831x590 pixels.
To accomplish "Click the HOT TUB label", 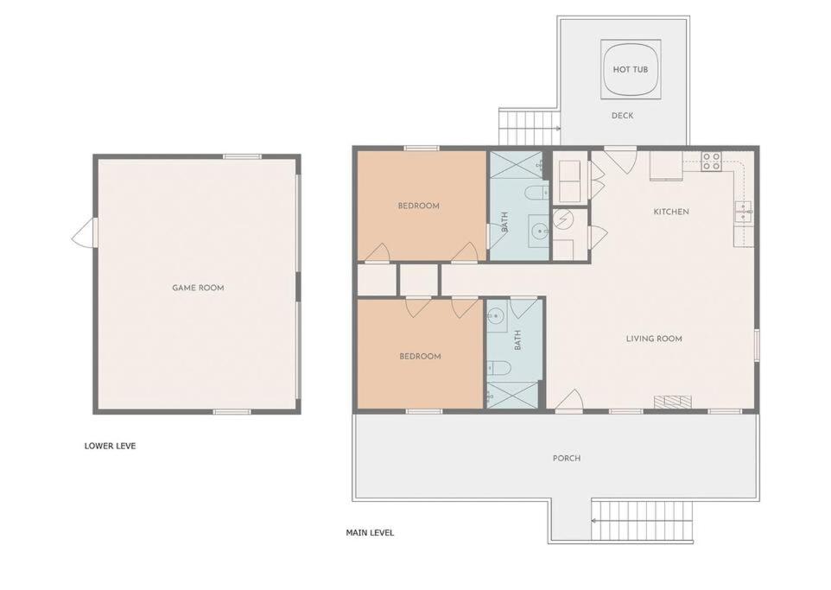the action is [x=630, y=69].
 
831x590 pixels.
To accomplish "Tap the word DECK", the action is [x=622, y=116].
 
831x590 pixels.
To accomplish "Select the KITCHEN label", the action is [x=671, y=212].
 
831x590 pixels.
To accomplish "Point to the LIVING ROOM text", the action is [x=654, y=339].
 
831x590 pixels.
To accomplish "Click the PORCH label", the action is [x=567, y=458].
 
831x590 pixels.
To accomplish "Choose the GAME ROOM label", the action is [x=198, y=288].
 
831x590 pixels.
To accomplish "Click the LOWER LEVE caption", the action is [x=111, y=446].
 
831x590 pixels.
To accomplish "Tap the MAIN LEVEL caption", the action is [x=370, y=533].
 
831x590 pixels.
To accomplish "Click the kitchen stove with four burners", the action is [x=711, y=162].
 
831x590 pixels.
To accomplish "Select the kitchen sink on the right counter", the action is [x=743, y=213].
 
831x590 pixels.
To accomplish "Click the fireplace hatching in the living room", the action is [x=673, y=402].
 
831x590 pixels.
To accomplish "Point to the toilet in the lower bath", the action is [x=498, y=367].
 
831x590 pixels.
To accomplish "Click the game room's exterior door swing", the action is [x=85, y=233].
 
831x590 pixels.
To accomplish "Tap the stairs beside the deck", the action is [x=530, y=127].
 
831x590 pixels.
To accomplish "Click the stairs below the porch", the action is [x=643, y=521].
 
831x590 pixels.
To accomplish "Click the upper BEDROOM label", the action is [x=419, y=206].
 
